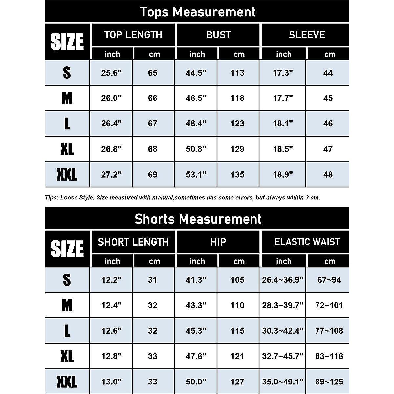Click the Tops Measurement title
197,12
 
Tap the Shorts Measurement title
197,219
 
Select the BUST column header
218,35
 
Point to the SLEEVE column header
307,35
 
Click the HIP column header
218,242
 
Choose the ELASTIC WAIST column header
307,242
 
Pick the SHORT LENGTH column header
133,242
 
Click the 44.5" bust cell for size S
196,73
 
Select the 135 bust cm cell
237,174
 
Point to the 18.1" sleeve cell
283,123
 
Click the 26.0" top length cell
111,98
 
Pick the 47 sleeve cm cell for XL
328,149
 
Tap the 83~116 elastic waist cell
329,356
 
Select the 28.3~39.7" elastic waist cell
283,305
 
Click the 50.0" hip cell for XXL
196,382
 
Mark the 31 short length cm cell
153,280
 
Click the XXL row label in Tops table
67,174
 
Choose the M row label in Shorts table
67,305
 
